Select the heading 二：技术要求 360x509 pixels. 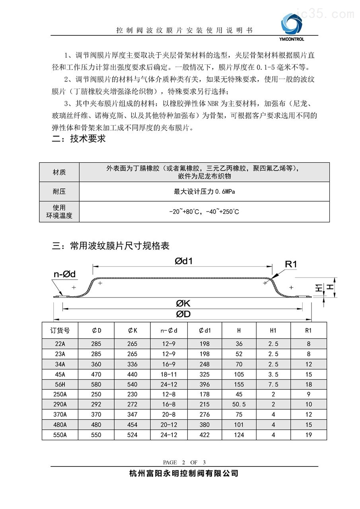pyautogui.click(x=79, y=139)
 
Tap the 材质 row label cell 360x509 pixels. pyautogui.click(x=59, y=172)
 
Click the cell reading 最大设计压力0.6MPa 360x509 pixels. pyautogui.click(x=204, y=192)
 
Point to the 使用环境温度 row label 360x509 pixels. pyautogui.click(x=59, y=212)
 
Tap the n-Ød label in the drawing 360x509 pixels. pyautogui.click(x=64, y=274)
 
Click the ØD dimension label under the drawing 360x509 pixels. pyautogui.click(x=183, y=314)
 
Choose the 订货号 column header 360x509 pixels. pyautogui.click(x=60, y=330)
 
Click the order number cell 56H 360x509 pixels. pyautogui.click(x=60, y=385)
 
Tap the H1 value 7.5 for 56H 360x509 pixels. pyautogui.click(x=273, y=385)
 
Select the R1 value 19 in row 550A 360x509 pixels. pyautogui.click(x=309, y=435)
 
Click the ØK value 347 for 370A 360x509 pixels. pyautogui.click(x=132, y=415)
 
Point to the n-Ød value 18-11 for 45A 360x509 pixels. pyautogui.click(x=168, y=374)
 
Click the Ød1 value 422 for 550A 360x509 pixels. pyautogui.click(x=204, y=435)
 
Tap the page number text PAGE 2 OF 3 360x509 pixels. pyautogui.click(x=184, y=462)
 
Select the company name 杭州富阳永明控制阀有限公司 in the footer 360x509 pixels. pyautogui.click(x=184, y=473)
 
